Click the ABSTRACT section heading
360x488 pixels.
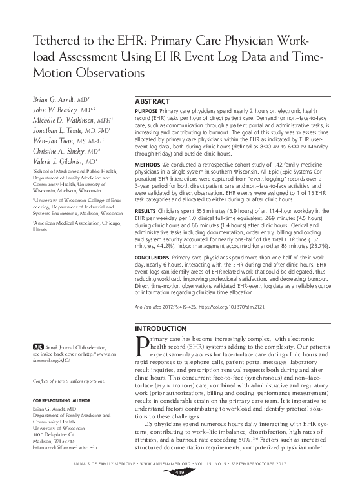[154, 103]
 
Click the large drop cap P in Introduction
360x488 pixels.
[141, 347]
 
